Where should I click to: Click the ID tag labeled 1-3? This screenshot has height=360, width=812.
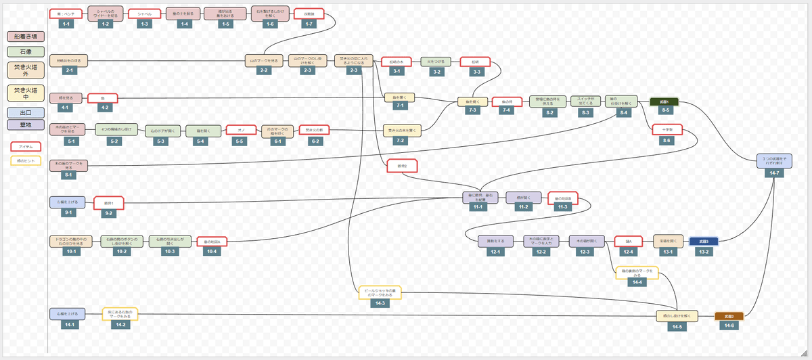[x=144, y=24]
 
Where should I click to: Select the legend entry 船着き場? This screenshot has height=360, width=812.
[x=25, y=37]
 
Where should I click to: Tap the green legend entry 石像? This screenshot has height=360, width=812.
[x=25, y=51]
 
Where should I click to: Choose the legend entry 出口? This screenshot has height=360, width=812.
[x=25, y=112]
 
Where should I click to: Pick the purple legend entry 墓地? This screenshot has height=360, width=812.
[x=25, y=125]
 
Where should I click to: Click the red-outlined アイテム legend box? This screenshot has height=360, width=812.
[x=26, y=146]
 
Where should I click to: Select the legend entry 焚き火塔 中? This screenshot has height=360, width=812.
[x=25, y=93]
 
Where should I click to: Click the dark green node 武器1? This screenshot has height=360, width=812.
[x=665, y=102]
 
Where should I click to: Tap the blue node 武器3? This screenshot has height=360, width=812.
[x=704, y=241]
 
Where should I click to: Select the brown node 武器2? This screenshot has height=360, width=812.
[x=729, y=316]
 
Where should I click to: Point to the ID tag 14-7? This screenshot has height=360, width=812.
[x=775, y=173]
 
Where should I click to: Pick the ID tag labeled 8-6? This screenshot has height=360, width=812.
[x=667, y=140]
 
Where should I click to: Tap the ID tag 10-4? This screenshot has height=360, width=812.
[x=212, y=252]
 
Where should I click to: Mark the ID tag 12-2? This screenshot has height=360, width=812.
[x=541, y=252]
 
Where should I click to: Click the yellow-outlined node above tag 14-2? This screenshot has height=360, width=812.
[x=120, y=313]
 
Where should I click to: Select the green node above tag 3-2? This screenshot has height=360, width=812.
[x=437, y=62]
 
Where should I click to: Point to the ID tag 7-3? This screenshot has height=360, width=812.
[x=472, y=110]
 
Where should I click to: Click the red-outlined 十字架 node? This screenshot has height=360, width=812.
[x=667, y=129]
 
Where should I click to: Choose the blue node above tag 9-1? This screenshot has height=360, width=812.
[x=68, y=202]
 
